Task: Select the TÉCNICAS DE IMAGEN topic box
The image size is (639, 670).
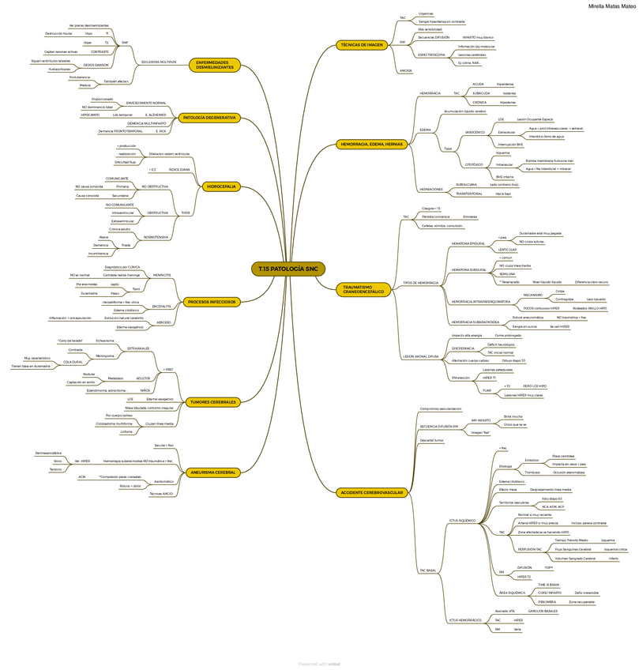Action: [361, 45]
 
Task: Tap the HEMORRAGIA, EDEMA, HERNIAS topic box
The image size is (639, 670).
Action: [371, 145]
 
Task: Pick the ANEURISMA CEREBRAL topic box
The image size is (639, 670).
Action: [213, 472]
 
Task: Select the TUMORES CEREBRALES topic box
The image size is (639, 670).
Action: [212, 402]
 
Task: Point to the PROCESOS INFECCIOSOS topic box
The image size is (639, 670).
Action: [212, 302]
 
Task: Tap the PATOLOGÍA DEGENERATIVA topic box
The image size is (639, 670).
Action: [209, 118]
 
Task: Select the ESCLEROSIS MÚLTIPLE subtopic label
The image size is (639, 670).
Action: [159, 61]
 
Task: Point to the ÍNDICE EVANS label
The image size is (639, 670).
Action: [179, 170]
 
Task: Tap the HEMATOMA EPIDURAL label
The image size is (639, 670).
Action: [468, 243]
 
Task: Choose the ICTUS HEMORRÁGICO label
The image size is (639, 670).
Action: [465, 620]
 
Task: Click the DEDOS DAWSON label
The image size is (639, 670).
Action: [96, 65]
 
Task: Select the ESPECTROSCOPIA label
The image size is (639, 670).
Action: [432, 55]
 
